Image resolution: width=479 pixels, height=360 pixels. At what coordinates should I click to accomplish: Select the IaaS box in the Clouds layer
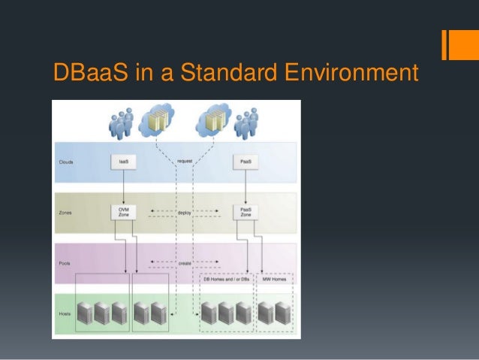[x=122, y=162]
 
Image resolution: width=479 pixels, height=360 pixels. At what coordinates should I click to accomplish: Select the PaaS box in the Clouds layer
[x=245, y=162]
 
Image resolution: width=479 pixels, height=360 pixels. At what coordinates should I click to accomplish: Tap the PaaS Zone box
[x=245, y=212]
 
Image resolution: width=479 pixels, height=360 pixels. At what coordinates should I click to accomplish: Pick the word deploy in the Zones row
[x=184, y=213]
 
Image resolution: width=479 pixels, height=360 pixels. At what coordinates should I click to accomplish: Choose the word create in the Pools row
[x=184, y=263]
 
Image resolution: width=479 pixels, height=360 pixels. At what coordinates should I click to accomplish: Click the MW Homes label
[x=273, y=279]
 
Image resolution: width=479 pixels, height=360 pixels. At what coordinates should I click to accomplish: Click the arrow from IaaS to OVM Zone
[x=122, y=185]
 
